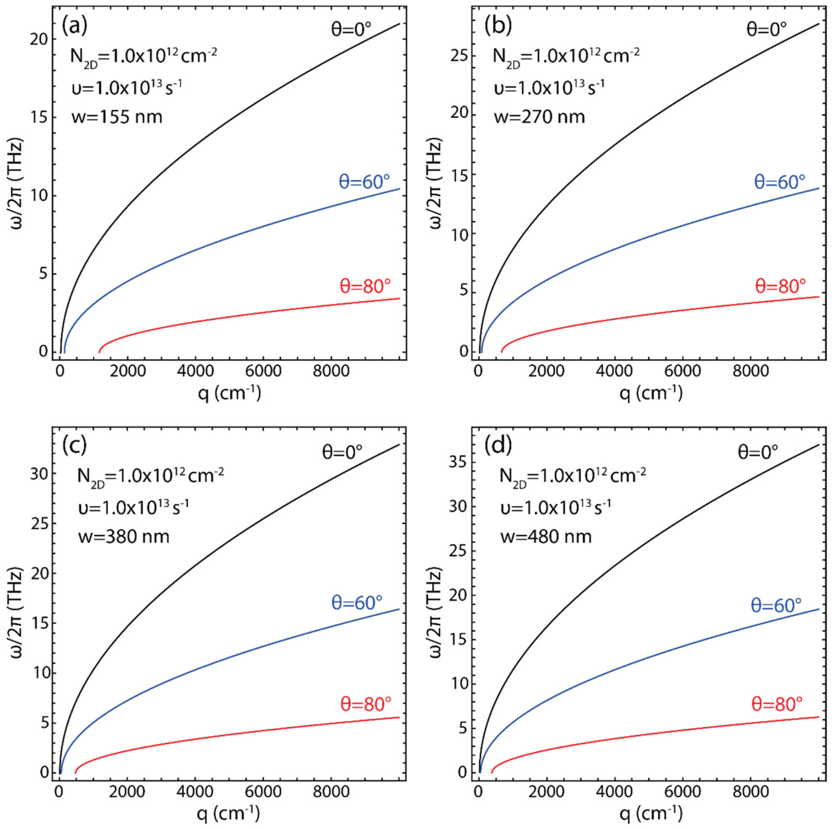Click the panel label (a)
[x=75, y=27]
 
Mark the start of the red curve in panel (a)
[x=99, y=353]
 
